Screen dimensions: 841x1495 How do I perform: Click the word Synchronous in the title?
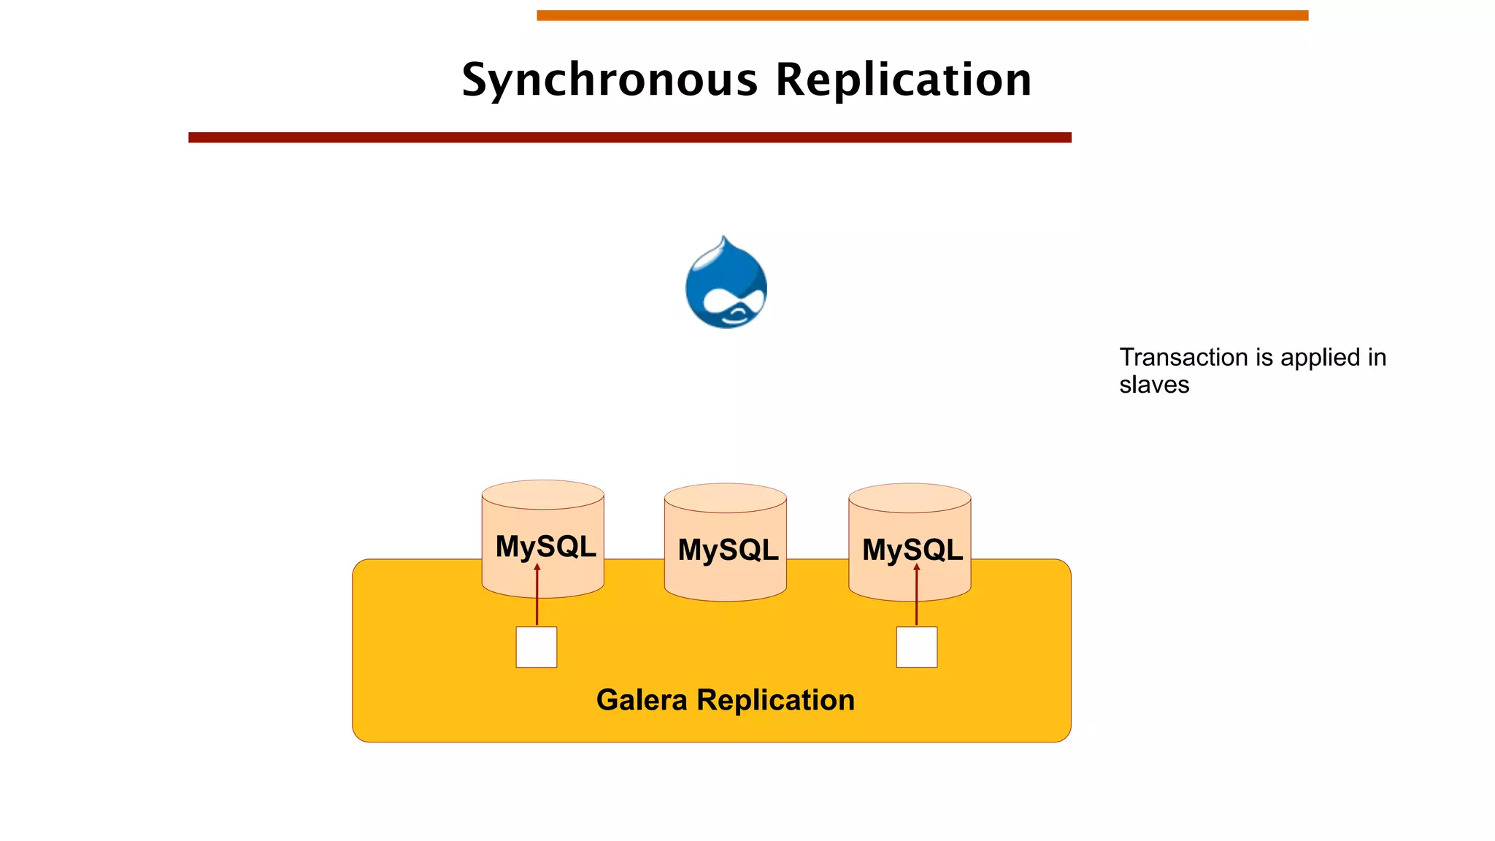[x=610, y=80]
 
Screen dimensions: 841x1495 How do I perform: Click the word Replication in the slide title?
[x=903, y=80]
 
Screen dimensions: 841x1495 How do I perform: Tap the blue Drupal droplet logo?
[x=726, y=285]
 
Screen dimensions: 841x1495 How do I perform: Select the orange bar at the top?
[x=922, y=15]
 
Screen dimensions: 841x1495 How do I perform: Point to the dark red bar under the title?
[x=629, y=137]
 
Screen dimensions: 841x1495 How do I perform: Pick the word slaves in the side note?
[x=1154, y=385]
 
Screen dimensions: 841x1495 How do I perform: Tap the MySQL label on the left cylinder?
[x=545, y=546]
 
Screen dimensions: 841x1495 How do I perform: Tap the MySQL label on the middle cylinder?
[x=728, y=550]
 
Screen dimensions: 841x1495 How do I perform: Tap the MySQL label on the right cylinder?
[x=912, y=550]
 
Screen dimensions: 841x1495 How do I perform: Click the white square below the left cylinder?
[x=537, y=647]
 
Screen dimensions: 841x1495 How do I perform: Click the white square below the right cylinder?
[x=917, y=647]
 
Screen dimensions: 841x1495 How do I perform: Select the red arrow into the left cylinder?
[x=537, y=595]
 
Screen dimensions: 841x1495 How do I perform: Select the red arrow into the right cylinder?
[x=917, y=595]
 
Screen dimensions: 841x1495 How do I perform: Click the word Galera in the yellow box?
[x=642, y=700]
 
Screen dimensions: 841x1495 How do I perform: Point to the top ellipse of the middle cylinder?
[x=726, y=498]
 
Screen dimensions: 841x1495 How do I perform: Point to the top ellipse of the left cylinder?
[x=543, y=495]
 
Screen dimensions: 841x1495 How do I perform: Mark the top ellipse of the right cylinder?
[x=910, y=498]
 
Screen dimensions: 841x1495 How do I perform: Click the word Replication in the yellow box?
[x=775, y=700]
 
